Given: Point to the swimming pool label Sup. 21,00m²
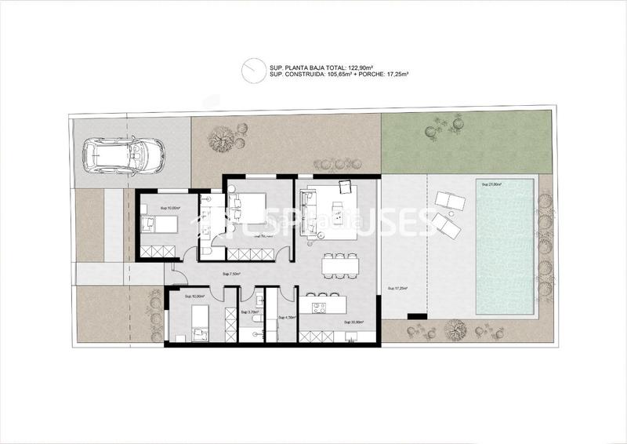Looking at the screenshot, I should [490, 185].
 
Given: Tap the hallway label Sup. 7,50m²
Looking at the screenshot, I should [231, 274].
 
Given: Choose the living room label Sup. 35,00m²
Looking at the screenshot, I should [355, 322].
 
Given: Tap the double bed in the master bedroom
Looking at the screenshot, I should [248, 206].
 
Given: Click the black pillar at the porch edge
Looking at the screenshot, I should [417, 315].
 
